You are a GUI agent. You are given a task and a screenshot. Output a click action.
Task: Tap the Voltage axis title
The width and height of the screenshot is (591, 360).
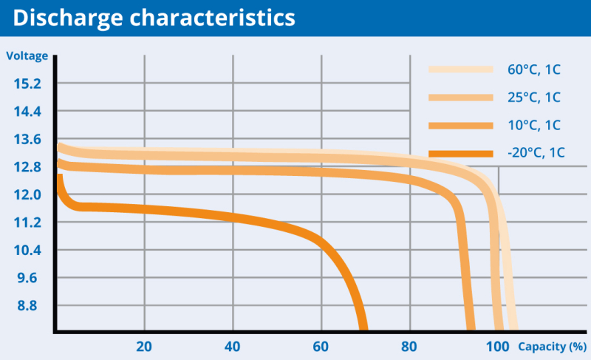tap(27, 56)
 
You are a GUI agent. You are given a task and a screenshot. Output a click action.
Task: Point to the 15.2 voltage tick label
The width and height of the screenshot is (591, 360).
tap(27, 84)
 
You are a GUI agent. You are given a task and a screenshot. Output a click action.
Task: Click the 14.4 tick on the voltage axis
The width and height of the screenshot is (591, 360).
tap(27, 112)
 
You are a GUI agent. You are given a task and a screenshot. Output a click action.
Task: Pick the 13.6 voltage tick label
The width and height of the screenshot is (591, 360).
tap(27, 139)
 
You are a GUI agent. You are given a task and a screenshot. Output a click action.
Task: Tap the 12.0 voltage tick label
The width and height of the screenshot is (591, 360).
tap(27, 194)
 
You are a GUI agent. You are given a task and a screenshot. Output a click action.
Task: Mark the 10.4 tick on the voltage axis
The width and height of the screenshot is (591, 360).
tap(27, 250)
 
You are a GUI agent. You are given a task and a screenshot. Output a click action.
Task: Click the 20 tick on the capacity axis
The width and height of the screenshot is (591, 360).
tap(144, 347)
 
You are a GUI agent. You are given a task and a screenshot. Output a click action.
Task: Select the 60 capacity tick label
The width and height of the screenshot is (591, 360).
tap(321, 347)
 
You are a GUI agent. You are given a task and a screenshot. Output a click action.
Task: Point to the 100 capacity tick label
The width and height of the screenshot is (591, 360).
tap(498, 347)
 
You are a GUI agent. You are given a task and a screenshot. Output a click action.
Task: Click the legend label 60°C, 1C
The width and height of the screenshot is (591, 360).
tap(533, 70)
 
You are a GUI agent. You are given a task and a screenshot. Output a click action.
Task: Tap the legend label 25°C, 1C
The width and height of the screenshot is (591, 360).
tap(533, 98)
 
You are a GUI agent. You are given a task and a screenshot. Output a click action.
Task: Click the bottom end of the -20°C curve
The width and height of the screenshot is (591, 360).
tap(363, 327)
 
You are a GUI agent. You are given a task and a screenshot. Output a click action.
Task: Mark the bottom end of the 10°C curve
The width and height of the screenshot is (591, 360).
tap(471, 327)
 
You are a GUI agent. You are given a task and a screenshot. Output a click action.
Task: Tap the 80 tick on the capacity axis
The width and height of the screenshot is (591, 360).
tap(409, 347)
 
